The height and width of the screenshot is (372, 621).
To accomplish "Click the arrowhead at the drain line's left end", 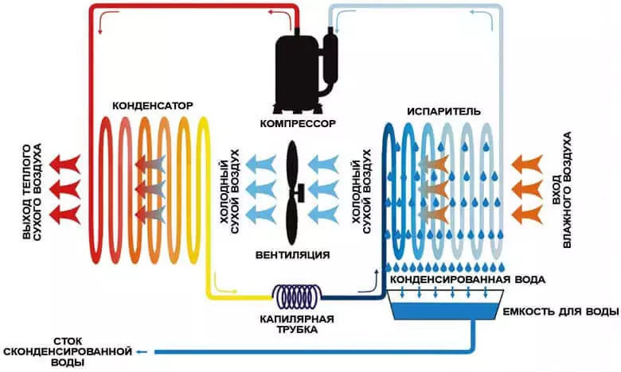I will (x=140, y=351).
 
